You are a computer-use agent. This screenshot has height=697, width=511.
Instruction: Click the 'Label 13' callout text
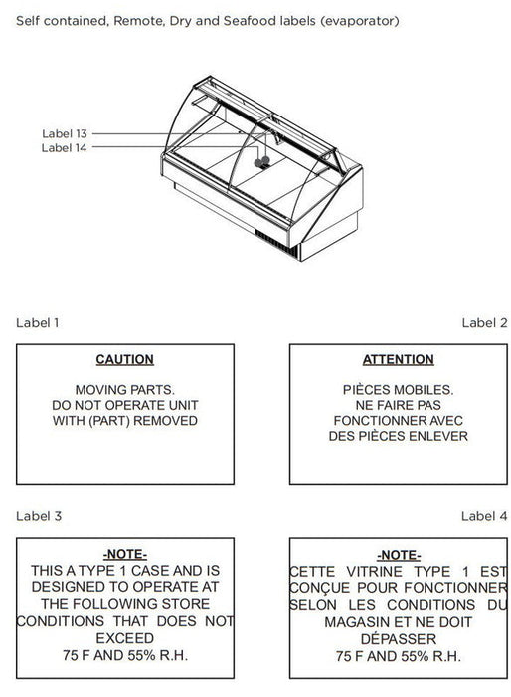coord(65,133)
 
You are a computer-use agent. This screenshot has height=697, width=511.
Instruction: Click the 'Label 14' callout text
coord(64,148)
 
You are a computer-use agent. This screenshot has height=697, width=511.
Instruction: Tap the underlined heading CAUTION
coord(124,359)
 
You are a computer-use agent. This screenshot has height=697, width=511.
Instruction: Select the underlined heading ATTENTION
coord(399,359)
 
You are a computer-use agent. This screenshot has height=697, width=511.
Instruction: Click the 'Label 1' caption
coord(38,323)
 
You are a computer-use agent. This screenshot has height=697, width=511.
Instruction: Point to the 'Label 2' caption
coord(484,323)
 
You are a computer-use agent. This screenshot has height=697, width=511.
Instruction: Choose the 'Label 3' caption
coord(39,516)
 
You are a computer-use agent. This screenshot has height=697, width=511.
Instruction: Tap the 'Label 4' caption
coord(484,516)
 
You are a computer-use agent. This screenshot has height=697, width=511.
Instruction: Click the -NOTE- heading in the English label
coord(124,554)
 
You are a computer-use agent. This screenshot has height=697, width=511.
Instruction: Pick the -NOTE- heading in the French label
coord(399,555)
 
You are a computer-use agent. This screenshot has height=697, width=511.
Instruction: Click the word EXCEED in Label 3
coord(124,638)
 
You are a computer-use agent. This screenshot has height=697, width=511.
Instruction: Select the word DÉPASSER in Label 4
coord(399,639)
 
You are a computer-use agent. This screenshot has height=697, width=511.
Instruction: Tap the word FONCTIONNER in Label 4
coord(455,588)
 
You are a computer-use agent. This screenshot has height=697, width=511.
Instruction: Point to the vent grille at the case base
coord(276,243)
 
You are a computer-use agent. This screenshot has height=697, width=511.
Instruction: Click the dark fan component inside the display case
coord(261,161)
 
